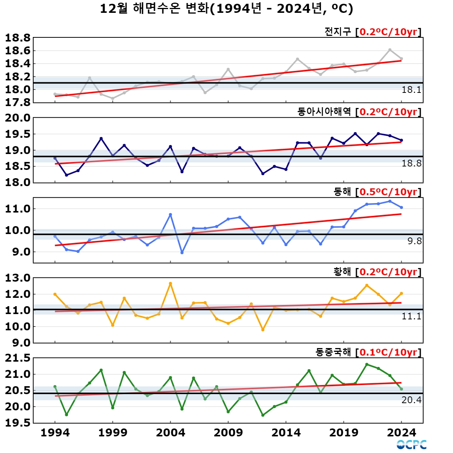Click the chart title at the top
click(226, 8)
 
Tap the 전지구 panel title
click(337, 32)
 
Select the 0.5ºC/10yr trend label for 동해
click(388, 192)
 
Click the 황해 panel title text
click(342, 272)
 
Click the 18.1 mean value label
click(411, 90)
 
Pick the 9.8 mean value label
click(414, 241)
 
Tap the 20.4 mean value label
click(411, 400)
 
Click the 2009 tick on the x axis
click(228, 433)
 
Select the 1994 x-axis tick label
click(55, 433)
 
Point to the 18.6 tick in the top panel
click(17, 51)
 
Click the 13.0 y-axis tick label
click(17, 278)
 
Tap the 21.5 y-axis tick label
click(17, 358)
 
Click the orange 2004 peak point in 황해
click(170, 284)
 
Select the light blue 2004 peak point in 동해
click(170, 214)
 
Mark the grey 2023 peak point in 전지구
click(390, 50)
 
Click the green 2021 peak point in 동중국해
click(367, 364)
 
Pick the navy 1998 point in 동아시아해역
click(101, 139)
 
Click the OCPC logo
click(411, 445)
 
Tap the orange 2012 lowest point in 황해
click(263, 330)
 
